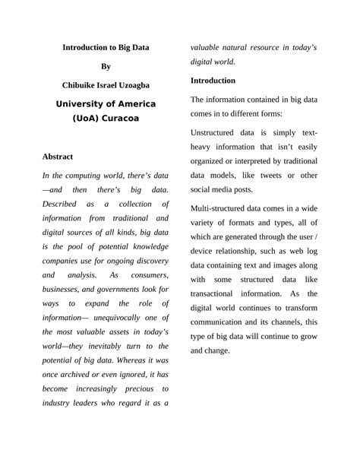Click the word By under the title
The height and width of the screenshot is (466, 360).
pos(106,66)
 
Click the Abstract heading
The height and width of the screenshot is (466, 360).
pos(58,157)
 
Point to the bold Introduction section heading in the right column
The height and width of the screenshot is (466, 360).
pos(213,80)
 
